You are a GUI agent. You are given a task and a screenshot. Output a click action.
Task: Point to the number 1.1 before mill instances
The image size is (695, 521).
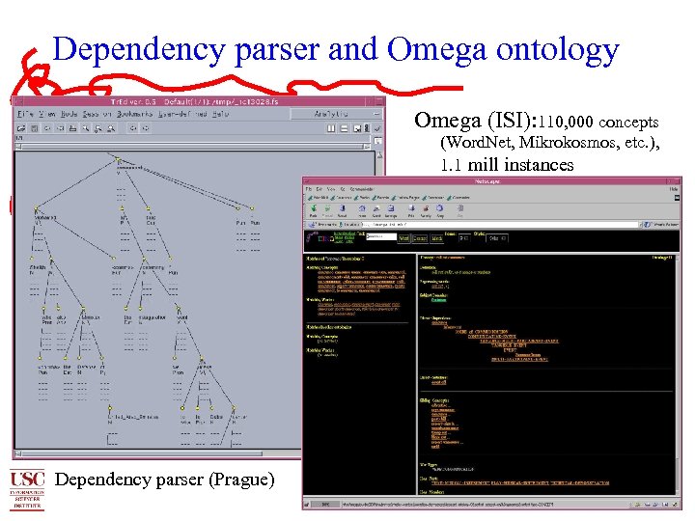pyautogui.click(x=452, y=164)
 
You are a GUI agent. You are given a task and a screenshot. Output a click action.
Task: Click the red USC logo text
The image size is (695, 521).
pyautogui.click(x=27, y=479)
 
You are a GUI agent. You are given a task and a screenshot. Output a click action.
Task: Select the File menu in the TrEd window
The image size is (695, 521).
pyautogui.click(x=25, y=114)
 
